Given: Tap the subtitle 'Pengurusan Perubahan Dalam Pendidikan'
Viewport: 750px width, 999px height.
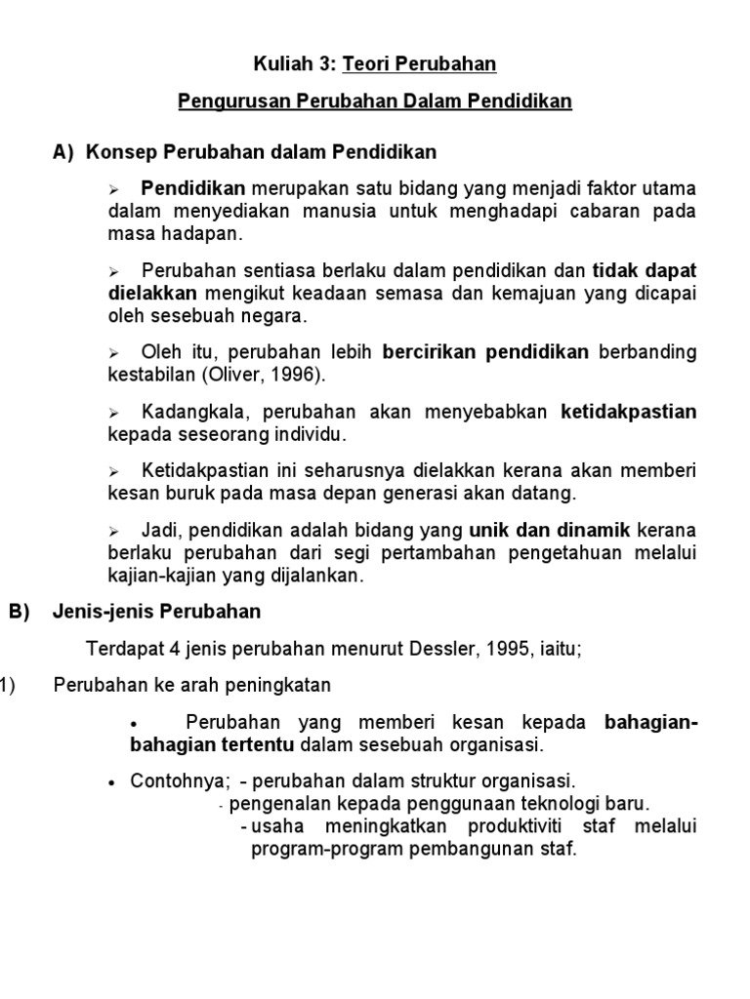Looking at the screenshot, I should pyautogui.click(x=375, y=101).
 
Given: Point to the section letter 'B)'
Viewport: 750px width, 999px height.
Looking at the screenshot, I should pyautogui.click(x=20, y=613).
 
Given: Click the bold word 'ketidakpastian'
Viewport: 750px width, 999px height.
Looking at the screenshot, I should pyautogui.click(x=628, y=412).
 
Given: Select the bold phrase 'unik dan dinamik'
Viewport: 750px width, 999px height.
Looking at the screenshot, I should pyautogui.click(x=551, y=531).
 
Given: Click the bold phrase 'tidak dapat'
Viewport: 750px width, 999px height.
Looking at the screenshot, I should pyautogui.click(x=645, y=270).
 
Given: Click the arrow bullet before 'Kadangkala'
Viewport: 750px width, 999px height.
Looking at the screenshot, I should pyautogui.click(x=113, y=414).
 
